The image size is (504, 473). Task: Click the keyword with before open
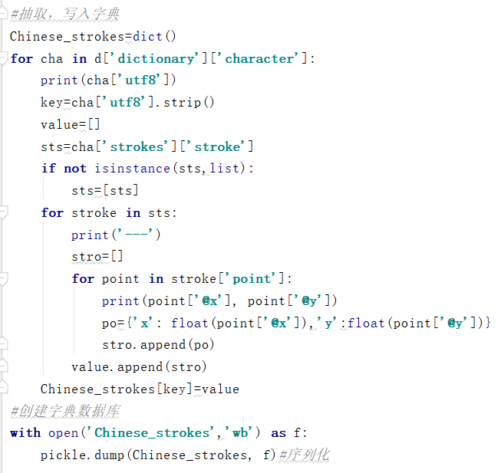[25, 433]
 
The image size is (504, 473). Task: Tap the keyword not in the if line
[74, 169]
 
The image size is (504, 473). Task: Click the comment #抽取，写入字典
[64, 15]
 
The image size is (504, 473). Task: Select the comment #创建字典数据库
[64, 412]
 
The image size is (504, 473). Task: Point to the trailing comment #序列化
[305, 455]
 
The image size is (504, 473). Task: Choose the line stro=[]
[97, 257]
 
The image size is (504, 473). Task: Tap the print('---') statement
[116, 235]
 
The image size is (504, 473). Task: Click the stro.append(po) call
[158, 345]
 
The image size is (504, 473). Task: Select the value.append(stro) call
[139, 367]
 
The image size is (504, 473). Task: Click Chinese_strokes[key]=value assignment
[140, 389]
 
